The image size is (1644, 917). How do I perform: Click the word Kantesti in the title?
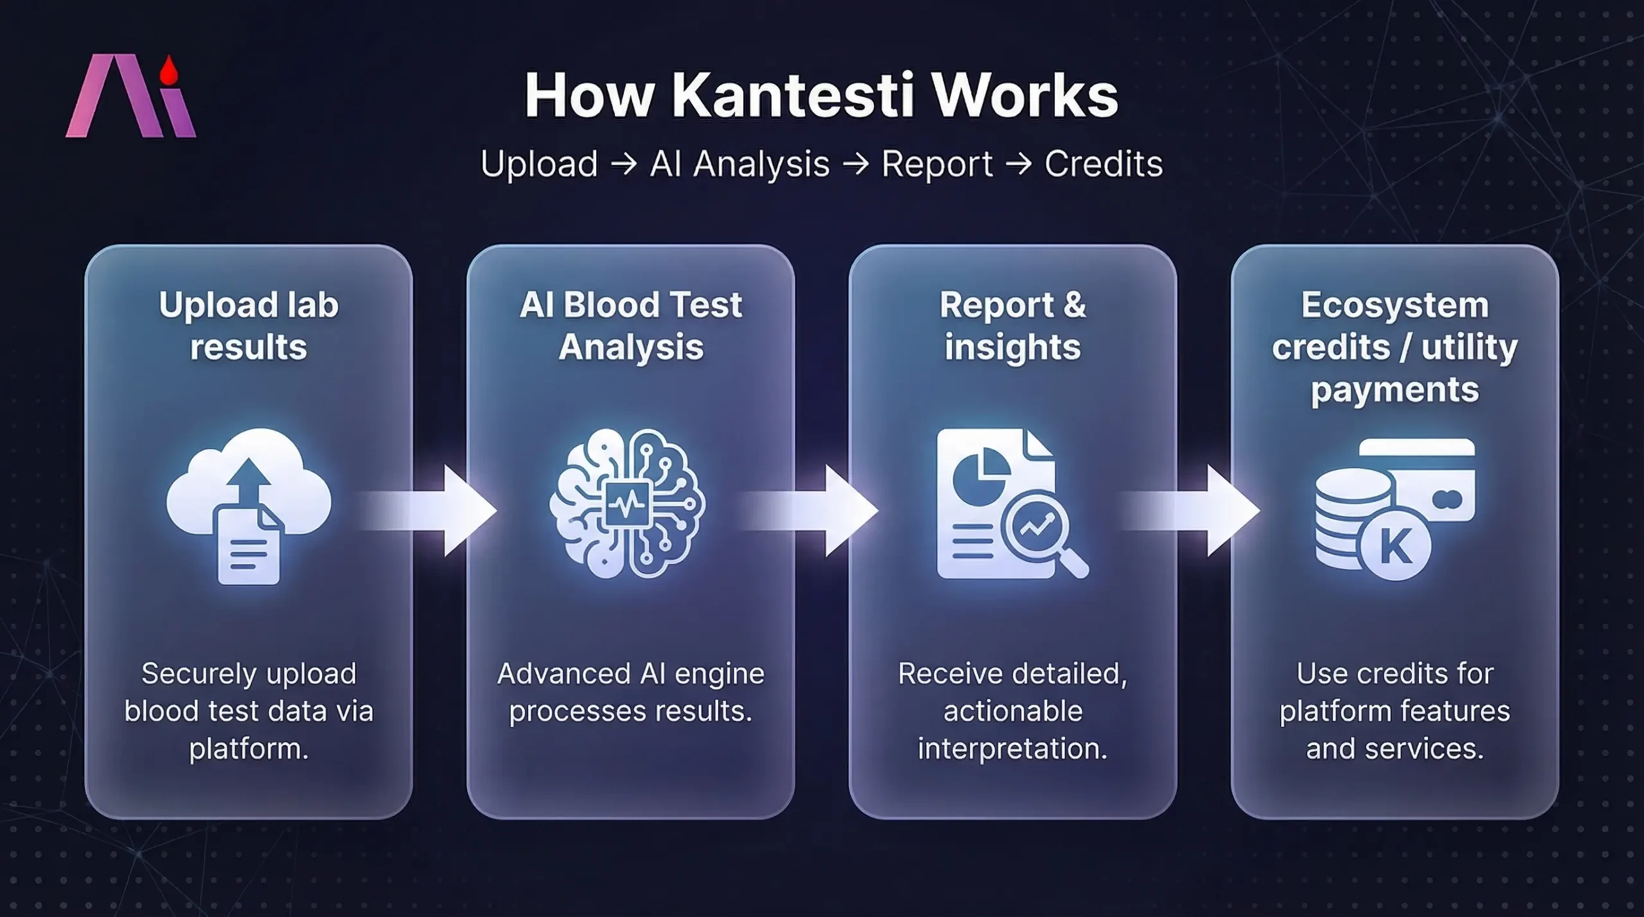[x=792, y=96]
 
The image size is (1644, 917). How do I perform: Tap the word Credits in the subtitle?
[x=1103, y=164]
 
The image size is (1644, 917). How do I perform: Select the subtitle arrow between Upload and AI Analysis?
[x=624, y=164]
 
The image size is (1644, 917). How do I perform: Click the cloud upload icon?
[x=249, y=488]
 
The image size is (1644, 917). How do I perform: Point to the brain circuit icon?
[x=627, y=504]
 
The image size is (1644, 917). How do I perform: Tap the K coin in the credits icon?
[x=1395, y=546]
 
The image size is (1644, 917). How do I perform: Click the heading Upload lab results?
[x=249, y=326]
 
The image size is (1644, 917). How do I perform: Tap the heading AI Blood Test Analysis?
[x=631, y=326]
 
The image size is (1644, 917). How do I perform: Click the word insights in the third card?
[x=1013, y=347]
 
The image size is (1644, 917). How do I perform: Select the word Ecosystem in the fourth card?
[x=1395, y=305]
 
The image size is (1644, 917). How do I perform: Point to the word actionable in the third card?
[x=1013, y=712]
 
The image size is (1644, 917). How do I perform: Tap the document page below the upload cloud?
[x=249, y=549]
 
